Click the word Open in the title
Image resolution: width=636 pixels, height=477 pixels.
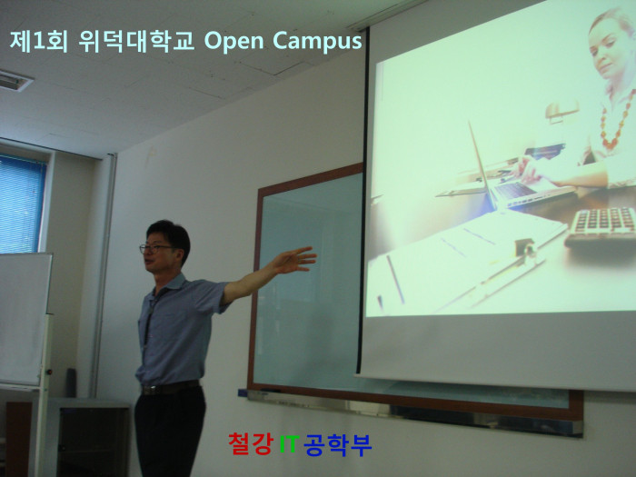point(234,42)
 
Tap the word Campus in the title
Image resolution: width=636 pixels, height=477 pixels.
point(317,42)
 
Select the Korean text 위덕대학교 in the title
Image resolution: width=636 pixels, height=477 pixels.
point(136,41)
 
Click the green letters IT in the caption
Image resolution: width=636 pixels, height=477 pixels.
point(289,443)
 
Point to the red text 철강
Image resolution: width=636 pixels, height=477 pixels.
point(251,443)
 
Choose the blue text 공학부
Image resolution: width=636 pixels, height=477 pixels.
point(337,444)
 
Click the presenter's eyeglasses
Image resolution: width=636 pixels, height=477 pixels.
point(155,247)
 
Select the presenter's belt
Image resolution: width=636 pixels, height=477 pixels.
point(170,388)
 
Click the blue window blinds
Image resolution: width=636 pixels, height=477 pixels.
point(21,204)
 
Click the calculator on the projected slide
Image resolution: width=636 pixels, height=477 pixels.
point(601,226)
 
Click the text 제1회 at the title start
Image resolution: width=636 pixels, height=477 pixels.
point(38,41)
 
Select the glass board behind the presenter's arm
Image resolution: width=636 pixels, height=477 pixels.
point(308,283)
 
